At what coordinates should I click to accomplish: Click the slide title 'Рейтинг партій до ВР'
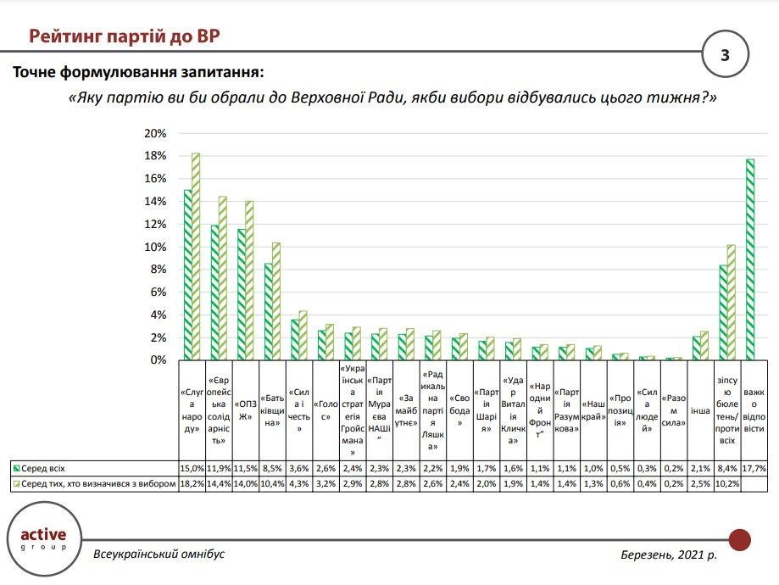tap(127, 36)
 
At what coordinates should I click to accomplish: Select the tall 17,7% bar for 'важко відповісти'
tap(750, 259)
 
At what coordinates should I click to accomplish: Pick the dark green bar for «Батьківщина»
tap(269, 311)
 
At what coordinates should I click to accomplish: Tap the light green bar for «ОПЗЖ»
tap(249, 281)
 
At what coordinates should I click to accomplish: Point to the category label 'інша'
tap(700, 410)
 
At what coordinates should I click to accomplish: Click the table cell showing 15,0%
tap(192, 468)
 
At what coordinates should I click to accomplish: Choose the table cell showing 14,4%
tap(219, 483)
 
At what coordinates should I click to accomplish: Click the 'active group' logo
tap(49, 538)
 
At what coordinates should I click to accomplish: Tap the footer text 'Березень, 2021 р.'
tap(668, 554)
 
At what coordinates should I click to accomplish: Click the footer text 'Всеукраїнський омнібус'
tap(159, 554)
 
